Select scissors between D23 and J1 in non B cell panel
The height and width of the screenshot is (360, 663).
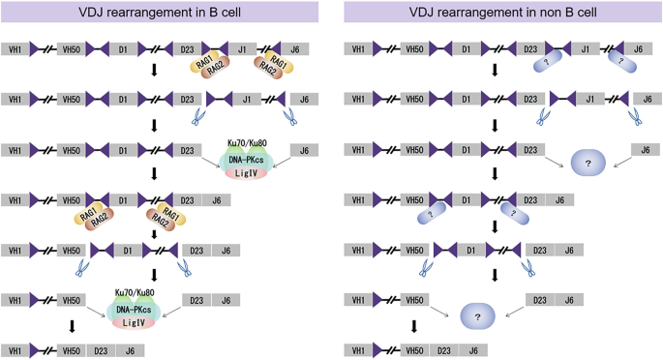click(x=543, y=115)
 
